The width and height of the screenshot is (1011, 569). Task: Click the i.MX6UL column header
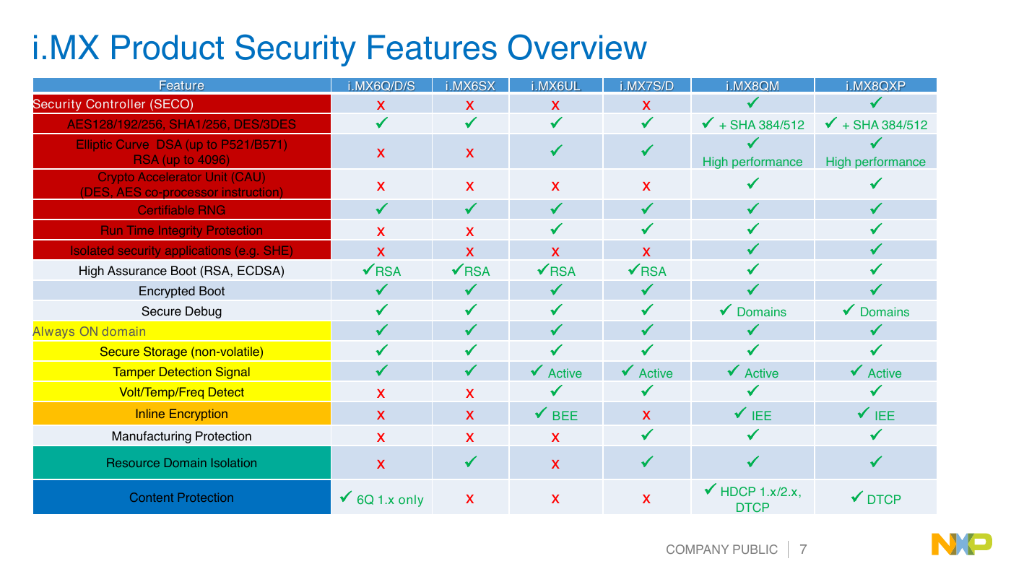[555, 86]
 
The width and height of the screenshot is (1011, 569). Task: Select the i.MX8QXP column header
[875, 86]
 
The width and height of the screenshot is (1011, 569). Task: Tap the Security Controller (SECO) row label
[113, 104]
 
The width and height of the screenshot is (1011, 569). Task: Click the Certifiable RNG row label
[181, 210]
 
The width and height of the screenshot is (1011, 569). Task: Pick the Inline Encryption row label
[181, 414]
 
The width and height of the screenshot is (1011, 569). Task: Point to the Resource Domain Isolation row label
[181, 463]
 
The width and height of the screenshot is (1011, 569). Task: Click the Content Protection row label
[181, 498]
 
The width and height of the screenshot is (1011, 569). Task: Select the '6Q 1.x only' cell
[382, 499]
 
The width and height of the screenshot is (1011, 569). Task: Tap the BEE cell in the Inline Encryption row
[556, 414]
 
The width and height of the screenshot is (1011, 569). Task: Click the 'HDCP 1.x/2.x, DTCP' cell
[752, 498]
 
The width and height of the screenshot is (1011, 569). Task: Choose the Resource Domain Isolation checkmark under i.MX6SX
[470, 461]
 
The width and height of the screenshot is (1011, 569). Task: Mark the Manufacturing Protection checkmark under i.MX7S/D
[647, 435]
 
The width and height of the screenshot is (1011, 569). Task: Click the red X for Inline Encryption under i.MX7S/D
[646, 415]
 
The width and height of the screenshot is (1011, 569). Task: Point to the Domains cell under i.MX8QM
[752, 311]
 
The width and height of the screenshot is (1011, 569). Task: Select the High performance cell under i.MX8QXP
[875, 153]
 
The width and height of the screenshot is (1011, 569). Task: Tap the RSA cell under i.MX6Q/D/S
[382, 271]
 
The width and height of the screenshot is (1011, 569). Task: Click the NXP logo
[962, 544]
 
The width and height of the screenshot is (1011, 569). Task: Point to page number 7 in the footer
[803, 550]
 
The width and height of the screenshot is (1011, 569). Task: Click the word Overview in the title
[577, 48]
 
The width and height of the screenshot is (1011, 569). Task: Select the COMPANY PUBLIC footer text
[721, 550]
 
